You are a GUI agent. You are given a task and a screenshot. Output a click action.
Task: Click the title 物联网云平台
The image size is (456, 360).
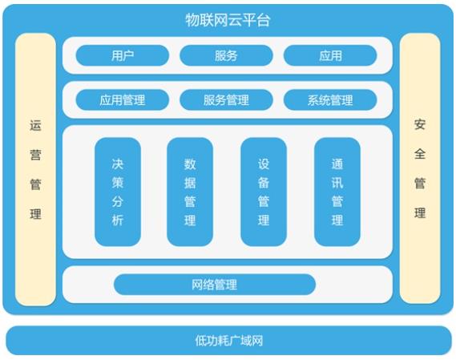228,20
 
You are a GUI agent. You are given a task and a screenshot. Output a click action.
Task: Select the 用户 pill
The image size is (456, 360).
122,55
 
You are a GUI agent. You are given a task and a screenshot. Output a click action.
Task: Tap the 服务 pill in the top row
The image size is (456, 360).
226,55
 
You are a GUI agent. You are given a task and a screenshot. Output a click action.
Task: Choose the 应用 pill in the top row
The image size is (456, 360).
330,55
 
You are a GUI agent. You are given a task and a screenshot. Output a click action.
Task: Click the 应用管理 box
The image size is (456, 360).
122,100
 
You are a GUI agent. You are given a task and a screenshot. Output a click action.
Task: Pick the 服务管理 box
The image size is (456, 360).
226,100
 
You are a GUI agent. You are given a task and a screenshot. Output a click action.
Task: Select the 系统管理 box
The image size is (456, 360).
330,100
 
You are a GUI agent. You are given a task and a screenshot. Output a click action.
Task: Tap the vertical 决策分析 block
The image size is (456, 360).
118,192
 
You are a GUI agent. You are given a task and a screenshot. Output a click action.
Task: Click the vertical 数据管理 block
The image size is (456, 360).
190,192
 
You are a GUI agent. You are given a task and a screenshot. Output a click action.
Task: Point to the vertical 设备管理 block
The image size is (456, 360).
264,192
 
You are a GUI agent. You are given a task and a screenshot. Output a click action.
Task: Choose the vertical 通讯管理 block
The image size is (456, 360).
337,192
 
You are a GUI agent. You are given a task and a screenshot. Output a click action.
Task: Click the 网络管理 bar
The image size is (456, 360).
215,285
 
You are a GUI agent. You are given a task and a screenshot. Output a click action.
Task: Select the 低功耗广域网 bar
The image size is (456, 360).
228,341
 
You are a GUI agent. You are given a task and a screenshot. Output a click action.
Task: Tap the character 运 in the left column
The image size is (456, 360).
35,125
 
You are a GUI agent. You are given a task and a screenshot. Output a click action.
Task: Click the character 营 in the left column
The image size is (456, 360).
35,155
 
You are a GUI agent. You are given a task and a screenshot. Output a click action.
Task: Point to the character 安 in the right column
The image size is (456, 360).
420,124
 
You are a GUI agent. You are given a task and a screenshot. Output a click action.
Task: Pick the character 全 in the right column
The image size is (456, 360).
420,154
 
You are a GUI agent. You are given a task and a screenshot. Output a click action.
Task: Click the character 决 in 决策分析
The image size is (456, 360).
118,164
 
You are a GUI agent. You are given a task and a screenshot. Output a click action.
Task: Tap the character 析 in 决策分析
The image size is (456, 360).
118,220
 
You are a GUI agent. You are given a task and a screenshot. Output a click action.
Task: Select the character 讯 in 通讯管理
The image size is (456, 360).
337,183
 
